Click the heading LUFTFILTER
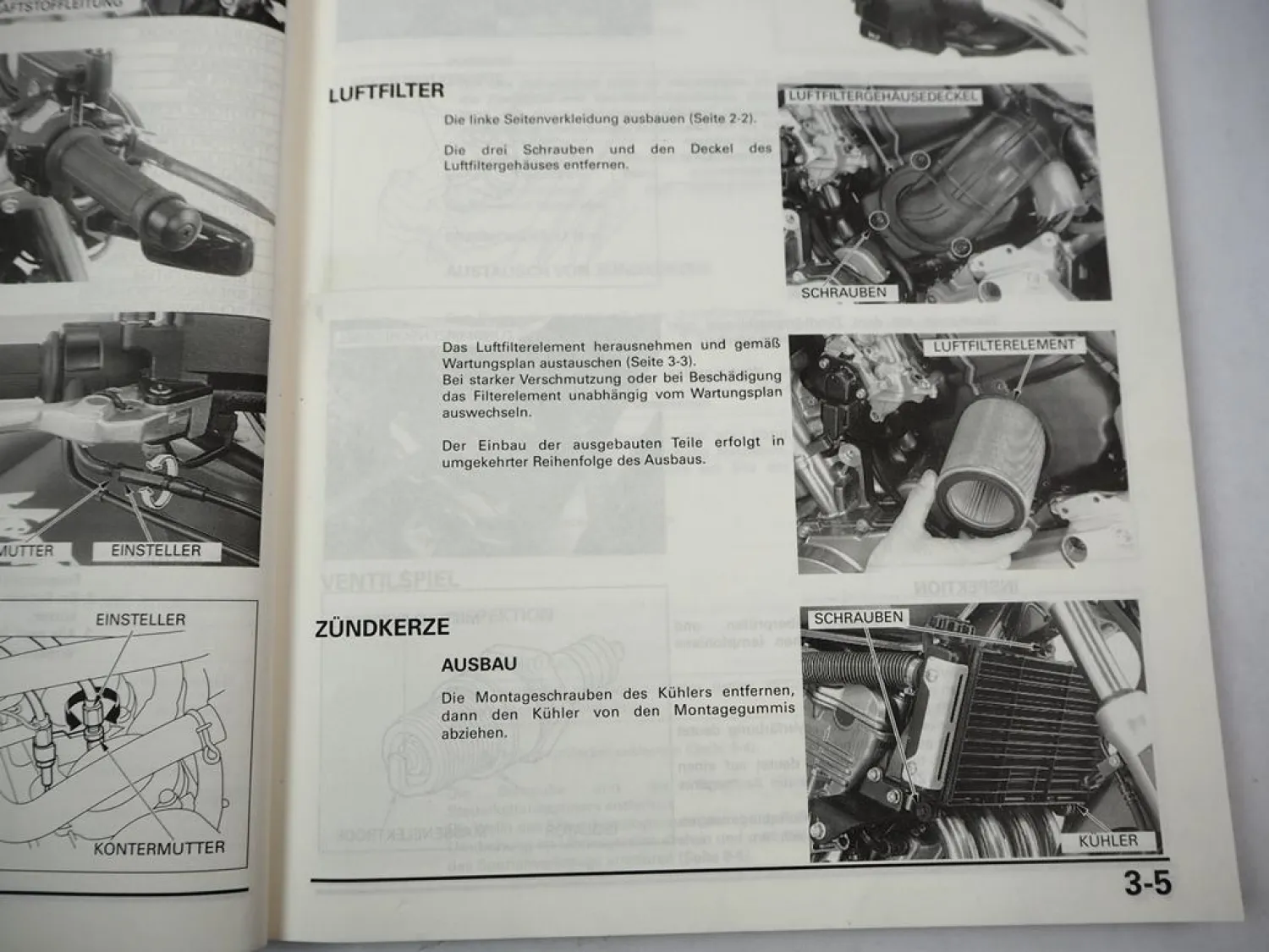[386, 92]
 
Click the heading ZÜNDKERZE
[382, 629]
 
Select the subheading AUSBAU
[478, 664]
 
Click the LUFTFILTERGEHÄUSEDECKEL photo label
[882, 96]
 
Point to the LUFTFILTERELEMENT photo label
[1003, 346]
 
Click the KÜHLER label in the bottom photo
[1107, 840]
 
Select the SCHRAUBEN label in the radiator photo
[858, 619]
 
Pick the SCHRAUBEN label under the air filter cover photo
[843, 293]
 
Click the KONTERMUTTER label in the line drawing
[159, 847]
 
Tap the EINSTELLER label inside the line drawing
[140, 619]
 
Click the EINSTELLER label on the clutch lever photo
[156, 551]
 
